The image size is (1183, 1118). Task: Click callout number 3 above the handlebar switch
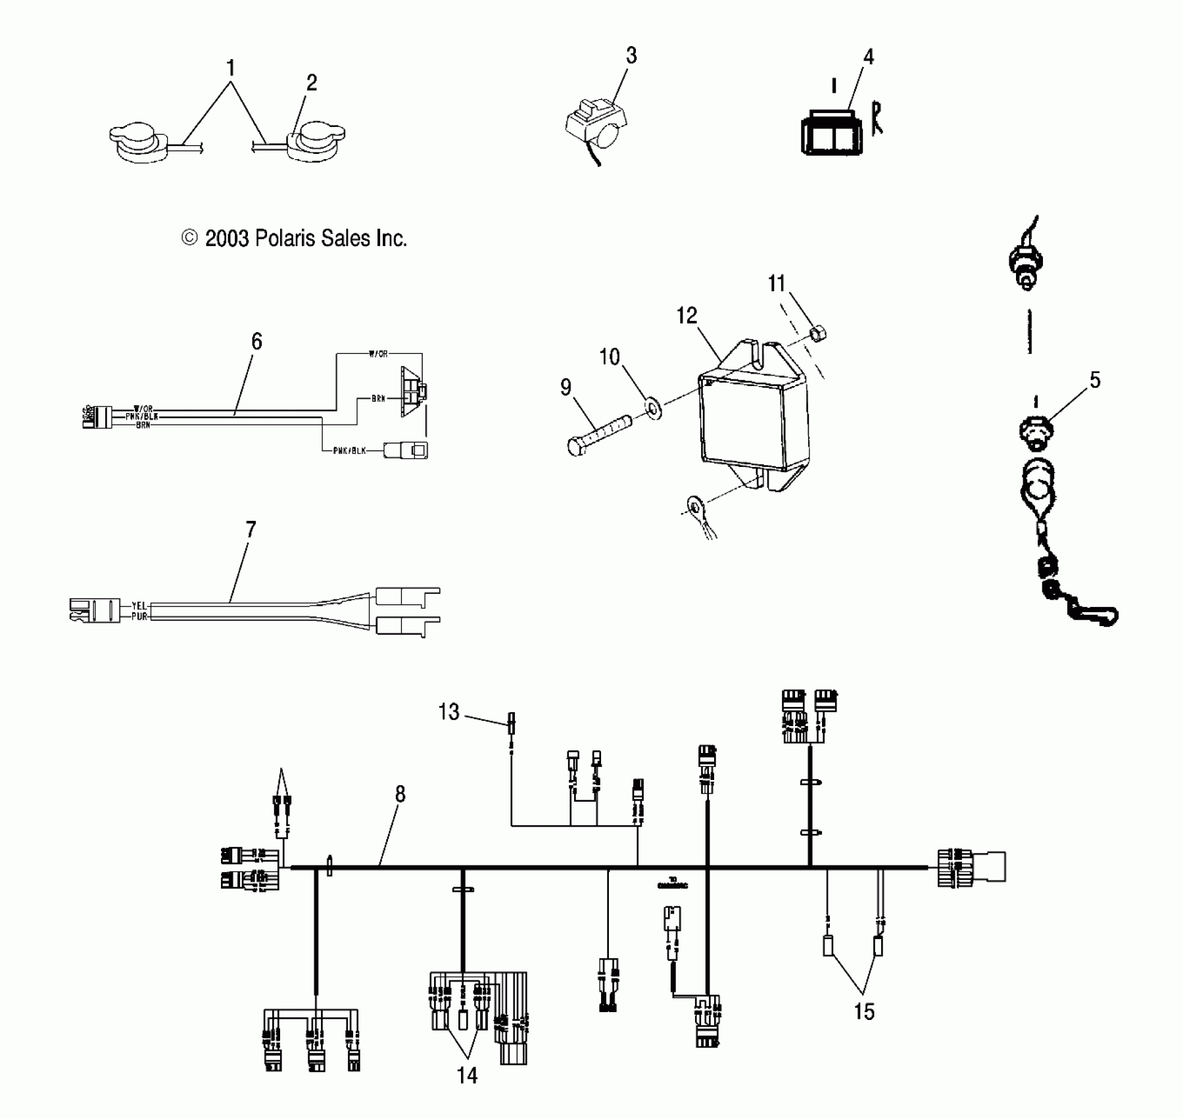tap(631, 56)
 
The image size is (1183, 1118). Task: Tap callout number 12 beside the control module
tap(686, 316)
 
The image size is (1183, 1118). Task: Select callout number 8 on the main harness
tap(400, 794)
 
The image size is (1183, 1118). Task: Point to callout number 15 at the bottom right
tap(864, 1011)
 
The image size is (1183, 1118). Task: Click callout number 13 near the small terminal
tap(449, 712)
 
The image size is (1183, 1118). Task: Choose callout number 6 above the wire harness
tap(256, 341)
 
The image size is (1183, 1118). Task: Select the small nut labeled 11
tap(817, 334)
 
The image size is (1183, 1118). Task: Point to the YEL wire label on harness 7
tap(139, 605)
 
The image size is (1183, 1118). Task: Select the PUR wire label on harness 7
tap(139, 617)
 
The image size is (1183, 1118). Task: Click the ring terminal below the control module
tap(693, 506)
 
